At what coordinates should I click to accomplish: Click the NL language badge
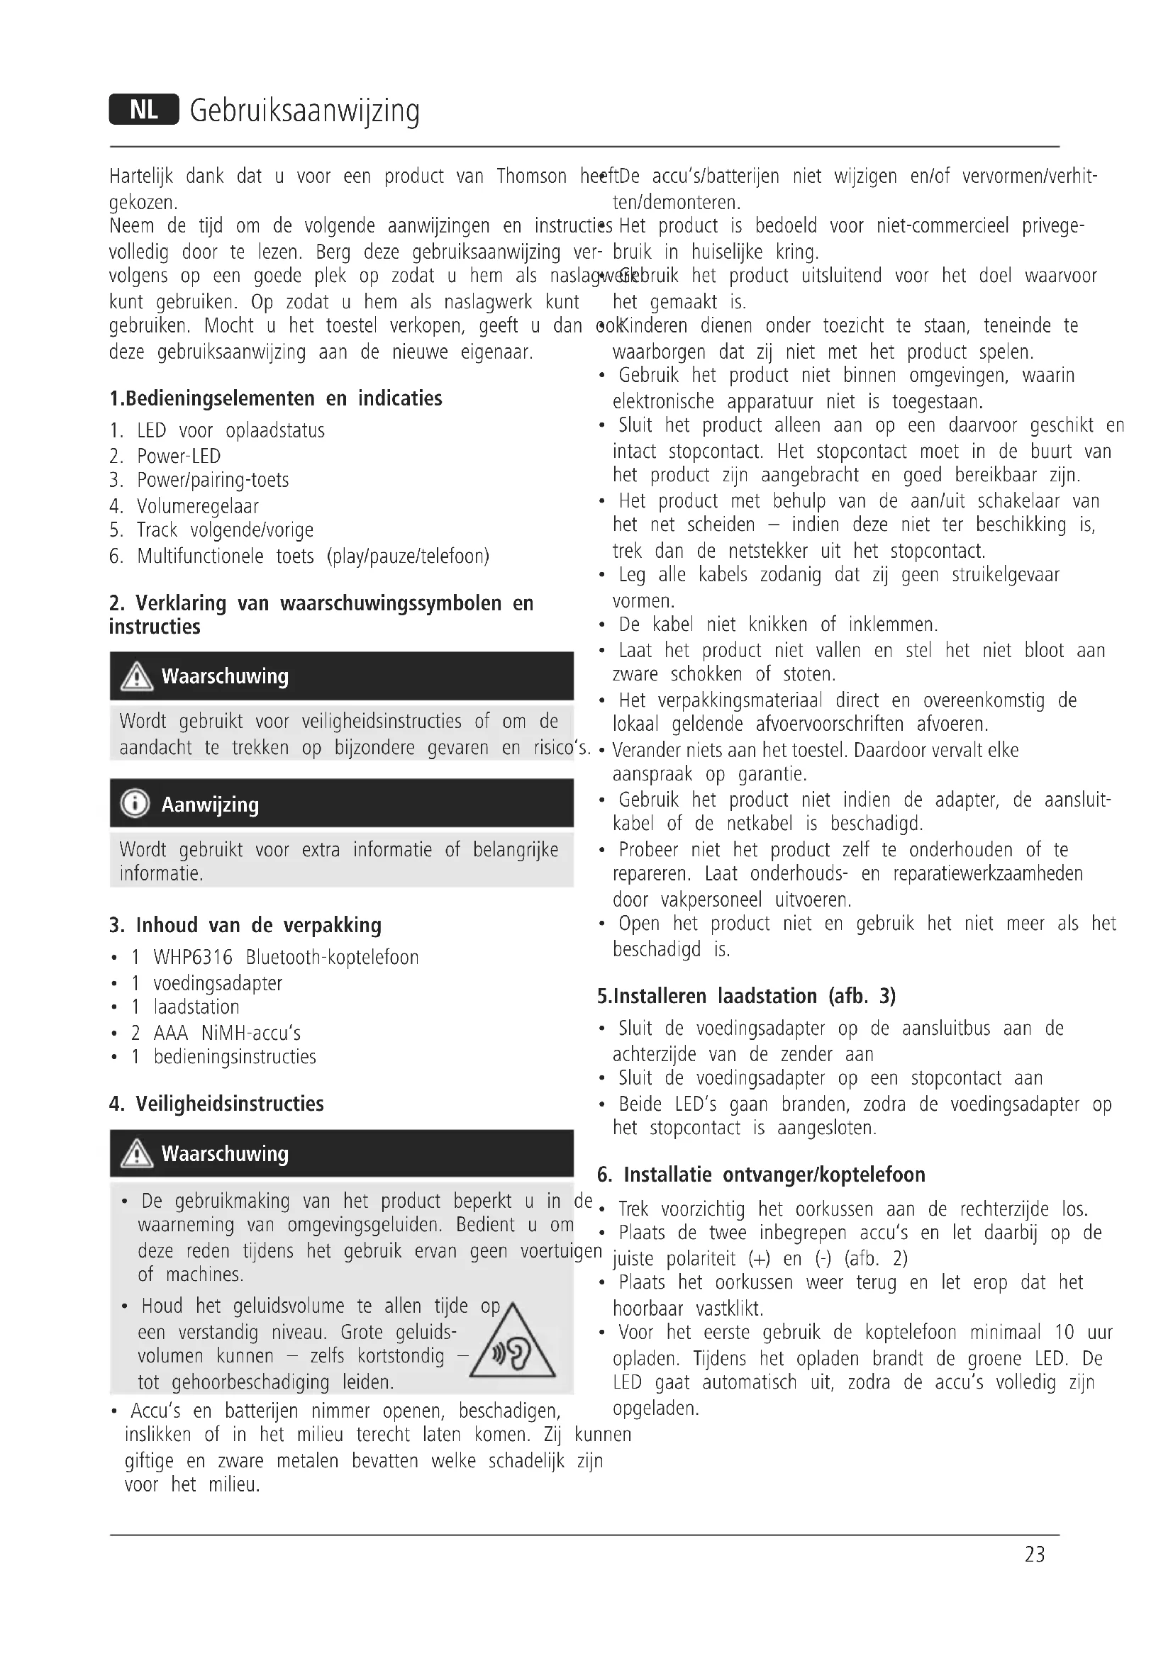[144, 110]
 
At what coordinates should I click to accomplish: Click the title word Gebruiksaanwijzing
[304, 111]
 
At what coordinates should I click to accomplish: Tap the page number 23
[1034, 1554]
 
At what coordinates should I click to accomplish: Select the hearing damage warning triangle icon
[512, 1344]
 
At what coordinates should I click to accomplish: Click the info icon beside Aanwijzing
[135, 803]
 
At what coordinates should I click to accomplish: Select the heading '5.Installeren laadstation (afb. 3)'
[746, 996]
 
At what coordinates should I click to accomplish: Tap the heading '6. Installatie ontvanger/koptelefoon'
[760, 1174]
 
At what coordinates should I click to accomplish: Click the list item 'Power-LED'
[179, 456]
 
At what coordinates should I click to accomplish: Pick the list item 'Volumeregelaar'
[197, 506]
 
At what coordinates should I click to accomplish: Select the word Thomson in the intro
[531, 177]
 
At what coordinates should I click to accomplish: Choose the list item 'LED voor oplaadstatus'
[230, 430]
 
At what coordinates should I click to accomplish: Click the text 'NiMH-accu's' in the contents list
[250, 1033]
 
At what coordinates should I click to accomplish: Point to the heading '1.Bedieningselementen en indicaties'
[275, 398]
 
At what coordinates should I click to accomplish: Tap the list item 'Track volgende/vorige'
[225, 530]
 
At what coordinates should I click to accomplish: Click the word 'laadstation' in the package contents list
[196, 1007]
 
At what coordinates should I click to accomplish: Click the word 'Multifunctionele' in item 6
[200, 556]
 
